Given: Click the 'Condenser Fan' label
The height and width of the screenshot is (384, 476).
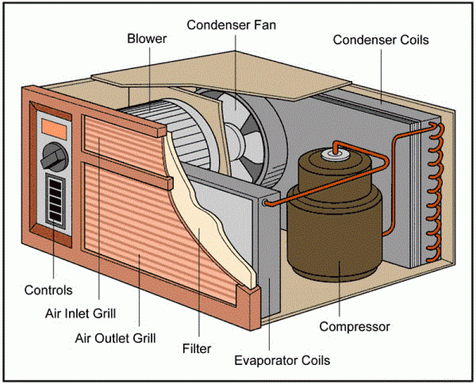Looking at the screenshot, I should (x=231, y=25).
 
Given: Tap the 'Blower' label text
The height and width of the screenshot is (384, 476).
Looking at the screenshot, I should (x=146, y=39).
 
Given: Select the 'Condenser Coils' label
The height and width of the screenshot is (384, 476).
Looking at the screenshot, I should (x=381, y=40).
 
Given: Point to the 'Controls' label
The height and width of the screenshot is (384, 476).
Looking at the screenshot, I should (x=48, y=290).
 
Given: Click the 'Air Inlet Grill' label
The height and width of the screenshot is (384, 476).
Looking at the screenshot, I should (x=80, y=313).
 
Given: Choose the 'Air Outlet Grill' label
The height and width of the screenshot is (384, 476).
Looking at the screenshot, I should (x=115, y=338).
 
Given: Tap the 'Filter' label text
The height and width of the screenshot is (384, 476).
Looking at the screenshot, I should (x=197, y=348).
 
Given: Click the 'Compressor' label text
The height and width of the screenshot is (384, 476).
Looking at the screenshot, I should (x=355, y=326).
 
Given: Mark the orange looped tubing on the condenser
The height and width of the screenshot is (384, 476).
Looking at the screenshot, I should (x=435, y=191).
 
